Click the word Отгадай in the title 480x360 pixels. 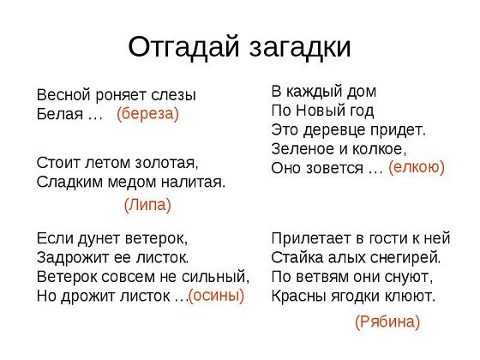coord(183,47)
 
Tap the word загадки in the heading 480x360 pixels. coord(300,48)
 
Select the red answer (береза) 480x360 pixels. coord(147,114)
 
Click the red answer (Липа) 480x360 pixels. coord(147,205)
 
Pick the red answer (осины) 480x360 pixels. coord(216,296)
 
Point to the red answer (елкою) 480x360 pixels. coord(417,167)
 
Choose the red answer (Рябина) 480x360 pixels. coord(387,321)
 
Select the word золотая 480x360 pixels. coord(166,163)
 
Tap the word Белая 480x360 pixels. coord(60,114)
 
